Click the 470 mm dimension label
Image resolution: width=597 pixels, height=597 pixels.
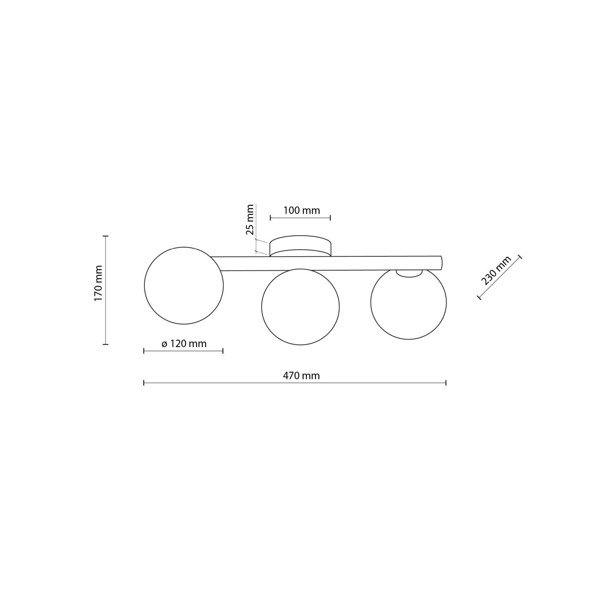tap(301, 375)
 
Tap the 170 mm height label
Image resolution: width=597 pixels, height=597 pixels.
tap(98, 283)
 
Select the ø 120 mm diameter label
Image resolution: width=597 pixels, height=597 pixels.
tap(184, 343)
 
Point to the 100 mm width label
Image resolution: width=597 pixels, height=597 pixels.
tap(301, 210)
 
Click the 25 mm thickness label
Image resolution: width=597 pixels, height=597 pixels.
tap(250, 219)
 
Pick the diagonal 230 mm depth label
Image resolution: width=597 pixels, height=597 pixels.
tap(496, 271)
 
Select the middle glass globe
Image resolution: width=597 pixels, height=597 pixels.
tap(300, 306)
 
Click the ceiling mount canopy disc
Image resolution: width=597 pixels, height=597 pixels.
tap(300, 246)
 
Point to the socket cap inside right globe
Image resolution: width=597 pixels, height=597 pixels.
tap(409, 273)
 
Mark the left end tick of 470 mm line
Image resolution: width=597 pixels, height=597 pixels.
tap(144, 383)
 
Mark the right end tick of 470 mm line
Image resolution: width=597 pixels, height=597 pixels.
tap(446, 383)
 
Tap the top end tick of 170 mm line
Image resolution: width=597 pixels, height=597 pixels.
tap(105, 236)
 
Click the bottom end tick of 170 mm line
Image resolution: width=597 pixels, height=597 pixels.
tap(105, 344)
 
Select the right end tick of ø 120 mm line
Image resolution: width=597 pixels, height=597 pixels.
tap(223, 351)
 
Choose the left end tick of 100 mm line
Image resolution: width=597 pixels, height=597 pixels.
tap(270, 217)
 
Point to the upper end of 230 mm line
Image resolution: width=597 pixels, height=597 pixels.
tap(519, 257)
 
